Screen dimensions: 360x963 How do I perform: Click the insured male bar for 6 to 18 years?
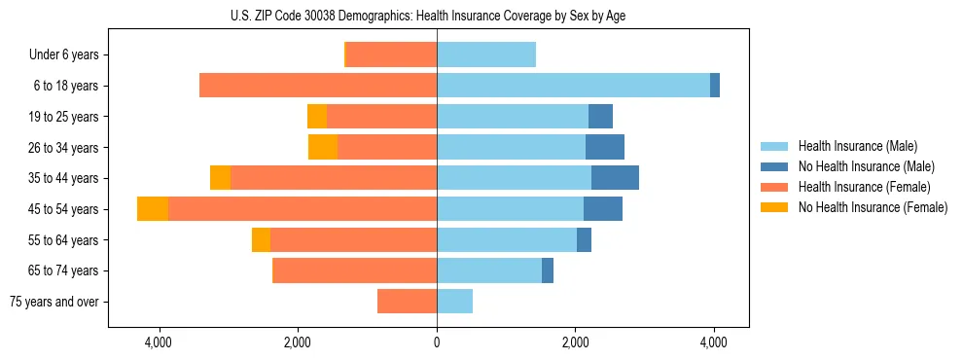click(573, 86)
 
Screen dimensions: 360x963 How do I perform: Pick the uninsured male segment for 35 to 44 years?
click(615, 178)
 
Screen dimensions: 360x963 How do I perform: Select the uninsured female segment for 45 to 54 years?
click(153, 209)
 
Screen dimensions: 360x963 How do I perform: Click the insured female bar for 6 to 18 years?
click(318, 86)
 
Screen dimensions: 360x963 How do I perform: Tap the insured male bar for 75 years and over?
click(454, 302)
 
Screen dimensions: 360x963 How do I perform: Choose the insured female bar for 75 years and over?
click(407, 302)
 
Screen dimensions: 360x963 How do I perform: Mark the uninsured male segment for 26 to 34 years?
click(604, 147)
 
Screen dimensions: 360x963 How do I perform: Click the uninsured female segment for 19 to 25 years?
click(317, 117)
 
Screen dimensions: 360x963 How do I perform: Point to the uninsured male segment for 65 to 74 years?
click(548, 270)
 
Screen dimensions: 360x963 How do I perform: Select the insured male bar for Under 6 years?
click(486, 55)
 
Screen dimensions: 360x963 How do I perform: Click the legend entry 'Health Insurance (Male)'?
click(856, 146)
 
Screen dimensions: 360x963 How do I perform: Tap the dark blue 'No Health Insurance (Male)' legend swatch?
click(774, 166)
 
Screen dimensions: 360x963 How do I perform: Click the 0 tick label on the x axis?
click(437, 342)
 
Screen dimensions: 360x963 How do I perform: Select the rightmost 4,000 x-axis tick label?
click(714, 342)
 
